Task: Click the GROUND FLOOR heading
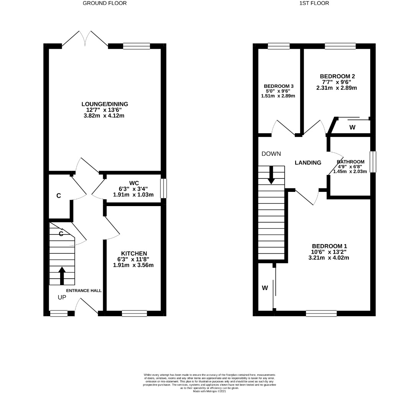click(x=105, y=3)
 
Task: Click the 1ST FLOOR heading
click(x=314, y=3)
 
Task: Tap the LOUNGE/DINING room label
click(x=105, y=104)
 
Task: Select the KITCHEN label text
click(x=134, y=253)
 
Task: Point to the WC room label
click(x=134, y=183)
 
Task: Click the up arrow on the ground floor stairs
click(x=62, y=276)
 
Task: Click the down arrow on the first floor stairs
click(x=271, y=175)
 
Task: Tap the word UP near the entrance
click(x=62, y=297)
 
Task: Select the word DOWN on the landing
click(x=271, y=154)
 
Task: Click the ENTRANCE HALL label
click(x=84, y=291)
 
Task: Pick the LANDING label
click(x=308, y=163)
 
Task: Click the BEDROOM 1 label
click(x=329, y=246)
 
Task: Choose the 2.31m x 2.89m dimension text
click(x=337, y=88)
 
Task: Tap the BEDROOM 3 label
click(x=278, y=86)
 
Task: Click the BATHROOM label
click(x=351, y=162)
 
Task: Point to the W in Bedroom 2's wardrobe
click(x=352, y=127)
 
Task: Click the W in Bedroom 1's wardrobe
click(x=265, y=288)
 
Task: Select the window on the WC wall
click(x=163, y=188)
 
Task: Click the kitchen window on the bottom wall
click(x=134, y=313)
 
